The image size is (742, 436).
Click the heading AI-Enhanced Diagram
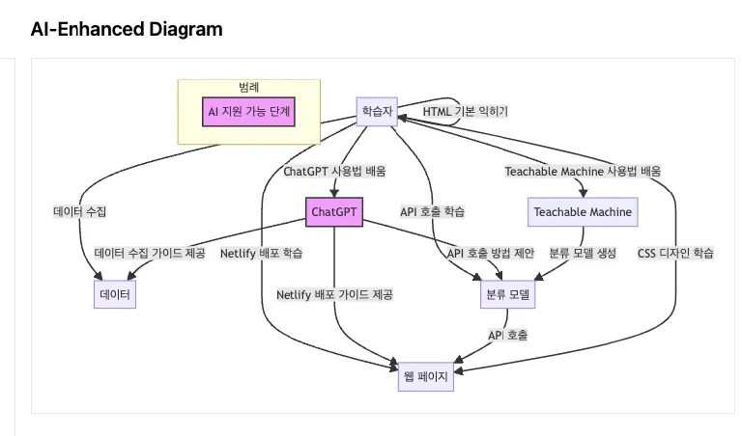[x=127, y=29]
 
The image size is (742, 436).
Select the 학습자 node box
[x=377, y=111]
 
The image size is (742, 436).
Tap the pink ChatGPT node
[x=333, y=212]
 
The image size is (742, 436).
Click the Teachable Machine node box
[x=583, y=212]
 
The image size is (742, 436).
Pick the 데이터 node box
[x=114, y=293]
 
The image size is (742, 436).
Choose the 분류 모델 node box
[x=507, y=293]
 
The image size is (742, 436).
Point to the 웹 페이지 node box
[x=425, y=376]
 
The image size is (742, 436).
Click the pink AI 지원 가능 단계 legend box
[x=248, y=112]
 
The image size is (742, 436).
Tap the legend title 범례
[x=249, y=87]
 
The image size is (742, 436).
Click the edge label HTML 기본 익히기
[x=465, y=111]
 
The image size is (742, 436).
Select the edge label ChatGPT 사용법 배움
[x=334, y=172]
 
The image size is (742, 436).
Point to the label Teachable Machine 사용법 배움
[x=583, y=172]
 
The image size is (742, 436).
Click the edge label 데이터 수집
[x=80, y=211]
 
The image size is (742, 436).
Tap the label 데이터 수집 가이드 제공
[x=150, y=254]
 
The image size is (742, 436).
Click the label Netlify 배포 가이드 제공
[x=334, y=294]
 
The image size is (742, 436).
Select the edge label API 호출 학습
[x=432, y=211]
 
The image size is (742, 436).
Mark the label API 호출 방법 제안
[x=491, y=254]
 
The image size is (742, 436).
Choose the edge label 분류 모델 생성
[x=583, y=254]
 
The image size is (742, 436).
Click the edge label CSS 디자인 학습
[x=675, y=254]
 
